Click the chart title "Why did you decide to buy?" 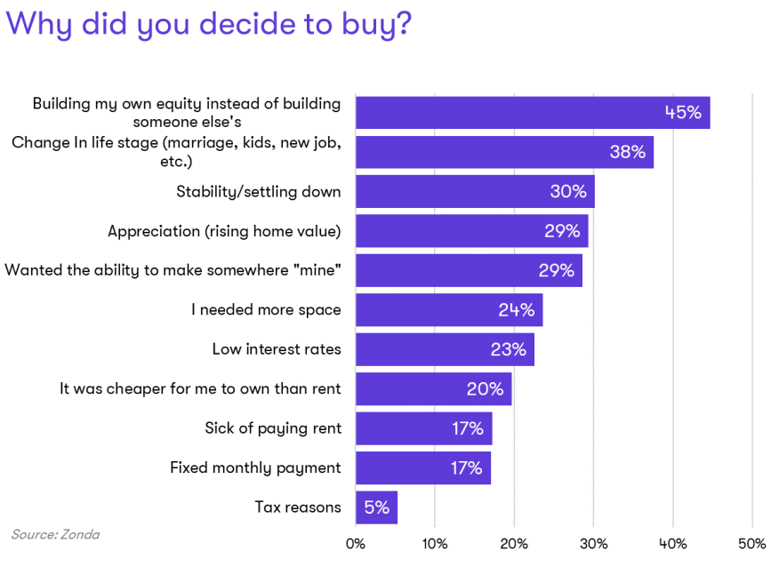(210, 25)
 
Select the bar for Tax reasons (376, 507)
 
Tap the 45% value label (683, 113)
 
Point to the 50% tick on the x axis (752, 544)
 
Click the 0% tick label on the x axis (356, 544)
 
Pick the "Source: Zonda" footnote (55, 535)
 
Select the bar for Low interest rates (445, 349)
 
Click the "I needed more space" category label (266, 310)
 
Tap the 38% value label (627, 152)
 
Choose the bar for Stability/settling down (475, 191)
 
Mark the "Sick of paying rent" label (273, 428)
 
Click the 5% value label (376, 507)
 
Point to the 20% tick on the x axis (514, 544)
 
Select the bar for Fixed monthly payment (422, 467)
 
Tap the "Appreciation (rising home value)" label (224, 231)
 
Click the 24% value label (516, 310)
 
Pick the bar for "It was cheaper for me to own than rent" (433, 388)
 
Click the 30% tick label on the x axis (593, 544)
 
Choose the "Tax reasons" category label (298, 507)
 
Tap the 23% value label (508, 349)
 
